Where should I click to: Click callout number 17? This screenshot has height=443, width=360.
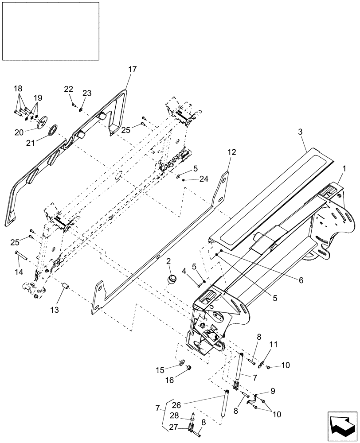coord(133,69)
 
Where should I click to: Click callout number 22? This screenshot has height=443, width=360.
coord(68,89)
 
